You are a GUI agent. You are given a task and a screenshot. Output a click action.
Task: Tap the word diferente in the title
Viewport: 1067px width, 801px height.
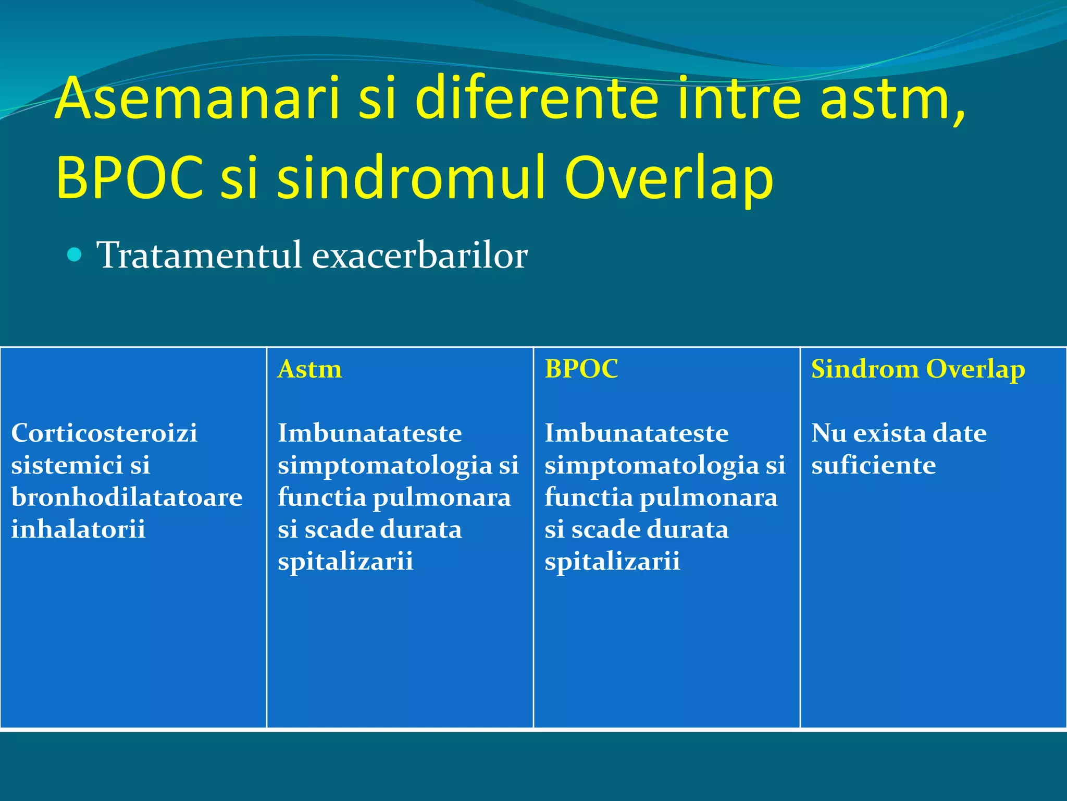[x=537, y=98]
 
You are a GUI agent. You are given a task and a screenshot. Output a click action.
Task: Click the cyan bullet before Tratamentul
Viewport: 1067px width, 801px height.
[x=75, y=255]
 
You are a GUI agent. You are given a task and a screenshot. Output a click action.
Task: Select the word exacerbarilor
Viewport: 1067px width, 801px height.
[x=420, y=256]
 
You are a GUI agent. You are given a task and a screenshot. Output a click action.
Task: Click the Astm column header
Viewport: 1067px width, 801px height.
[x=309, y=369]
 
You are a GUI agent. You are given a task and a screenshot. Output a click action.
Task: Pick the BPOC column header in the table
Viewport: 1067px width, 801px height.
[x=581, y=369]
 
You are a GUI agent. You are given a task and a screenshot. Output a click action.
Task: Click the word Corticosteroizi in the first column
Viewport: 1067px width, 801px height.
[x=104, y=433]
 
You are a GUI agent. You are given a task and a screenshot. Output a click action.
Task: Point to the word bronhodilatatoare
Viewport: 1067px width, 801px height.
[x=127, y=497]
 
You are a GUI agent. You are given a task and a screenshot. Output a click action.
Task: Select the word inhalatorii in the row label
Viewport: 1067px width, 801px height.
[x=78, y=529]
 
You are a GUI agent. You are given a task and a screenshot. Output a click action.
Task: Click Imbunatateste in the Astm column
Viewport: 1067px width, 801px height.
[x=369, y=433]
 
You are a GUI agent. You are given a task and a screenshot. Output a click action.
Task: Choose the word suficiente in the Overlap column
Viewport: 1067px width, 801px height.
[x=873, y=465]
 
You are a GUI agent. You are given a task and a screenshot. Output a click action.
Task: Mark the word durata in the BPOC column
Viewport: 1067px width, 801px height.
[x=688, y=530]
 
